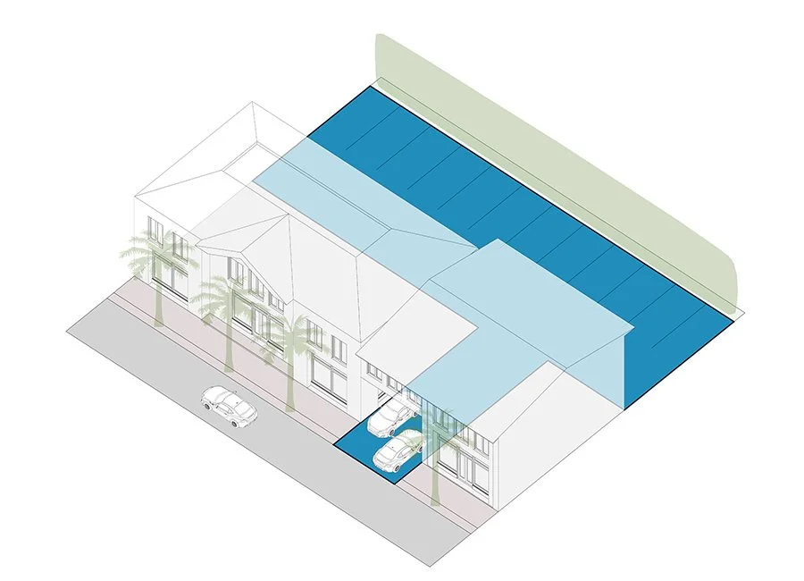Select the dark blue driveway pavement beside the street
coord(366,451)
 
